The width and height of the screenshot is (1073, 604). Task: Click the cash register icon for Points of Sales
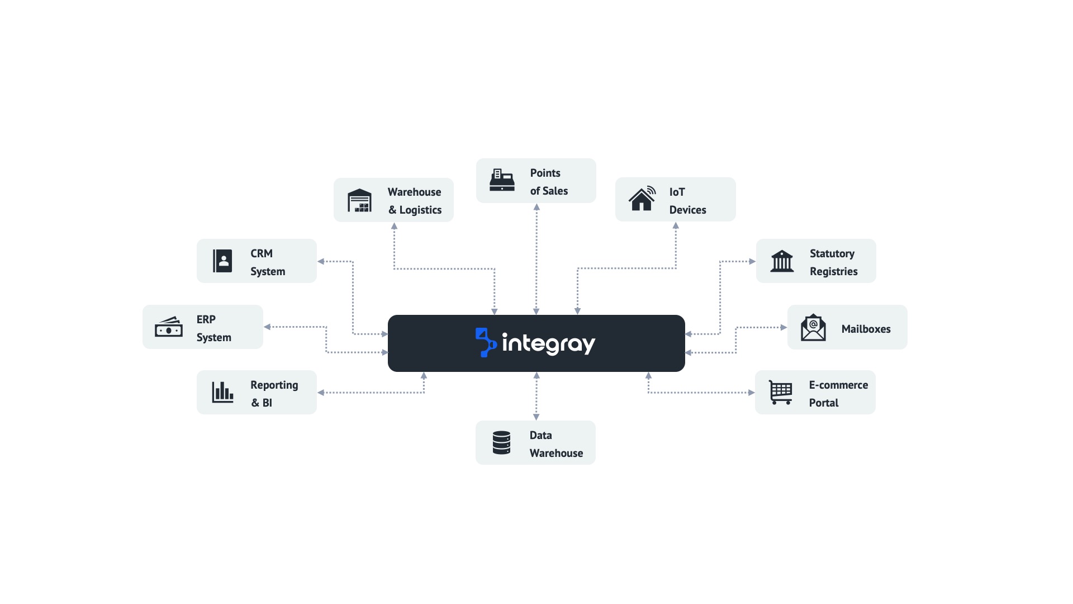502,180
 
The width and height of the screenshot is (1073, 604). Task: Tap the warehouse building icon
359,200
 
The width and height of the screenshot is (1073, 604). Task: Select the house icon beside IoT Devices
642,199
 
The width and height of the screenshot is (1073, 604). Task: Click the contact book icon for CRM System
222,261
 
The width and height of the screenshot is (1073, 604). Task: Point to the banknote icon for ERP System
168,327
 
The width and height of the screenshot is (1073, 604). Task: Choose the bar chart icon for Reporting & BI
222,392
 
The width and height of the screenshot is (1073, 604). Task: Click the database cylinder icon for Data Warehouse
501,442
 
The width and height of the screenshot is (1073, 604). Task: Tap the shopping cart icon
780,392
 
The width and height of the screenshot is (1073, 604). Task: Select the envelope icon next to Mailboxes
813,328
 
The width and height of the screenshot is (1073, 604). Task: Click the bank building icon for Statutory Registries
781,261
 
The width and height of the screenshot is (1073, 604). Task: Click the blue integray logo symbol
486,342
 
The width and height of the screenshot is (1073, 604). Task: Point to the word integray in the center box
549,343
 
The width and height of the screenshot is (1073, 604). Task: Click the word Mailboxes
866,329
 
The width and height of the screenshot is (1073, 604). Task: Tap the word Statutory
832,253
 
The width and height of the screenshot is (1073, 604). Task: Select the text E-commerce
838,385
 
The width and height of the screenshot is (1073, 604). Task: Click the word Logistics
420,210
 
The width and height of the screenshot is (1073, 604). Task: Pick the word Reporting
274,385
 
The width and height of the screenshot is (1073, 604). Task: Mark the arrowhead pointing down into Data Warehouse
536,417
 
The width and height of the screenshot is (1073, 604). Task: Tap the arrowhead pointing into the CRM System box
321,261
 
